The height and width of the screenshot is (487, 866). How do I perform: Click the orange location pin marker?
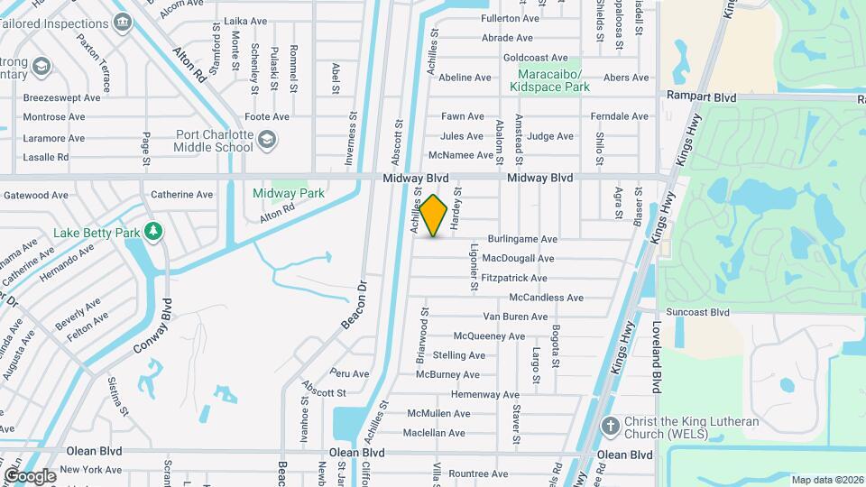[434, 216]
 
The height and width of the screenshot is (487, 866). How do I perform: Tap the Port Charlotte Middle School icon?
[266, 140]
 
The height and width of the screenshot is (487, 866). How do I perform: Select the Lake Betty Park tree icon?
[153, 232]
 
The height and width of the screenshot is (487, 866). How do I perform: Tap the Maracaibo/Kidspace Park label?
[549, 80]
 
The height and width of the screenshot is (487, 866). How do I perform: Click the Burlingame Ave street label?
[523, 239]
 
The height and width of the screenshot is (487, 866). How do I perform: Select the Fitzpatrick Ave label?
[514, 278]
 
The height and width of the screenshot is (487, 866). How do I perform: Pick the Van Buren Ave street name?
[515, 317]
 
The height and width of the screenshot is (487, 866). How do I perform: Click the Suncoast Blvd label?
[697, 312]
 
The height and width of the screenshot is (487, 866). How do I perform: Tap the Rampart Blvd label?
[702, 96]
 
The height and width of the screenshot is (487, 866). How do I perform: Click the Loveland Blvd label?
[656, 361]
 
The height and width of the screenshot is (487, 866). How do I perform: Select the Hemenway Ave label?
[485, 394]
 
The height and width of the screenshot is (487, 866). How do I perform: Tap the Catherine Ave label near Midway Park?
[182, 194]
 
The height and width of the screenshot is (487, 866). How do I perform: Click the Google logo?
[30, 475]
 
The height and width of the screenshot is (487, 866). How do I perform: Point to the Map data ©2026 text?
[826, 479]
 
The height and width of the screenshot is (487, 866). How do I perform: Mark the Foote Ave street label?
[267, 116]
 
